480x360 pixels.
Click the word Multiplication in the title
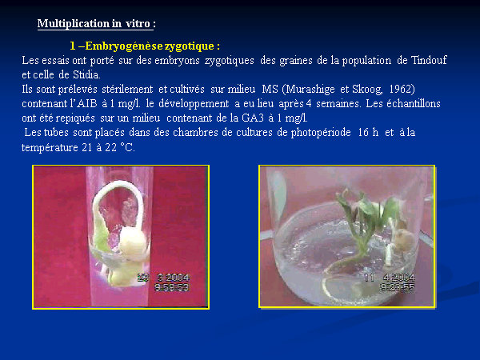(x=73, y=23)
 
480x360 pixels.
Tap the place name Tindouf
(x=429, y=60)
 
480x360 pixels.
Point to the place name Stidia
(x=86, y=74)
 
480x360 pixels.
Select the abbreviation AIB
(x=87, y=103)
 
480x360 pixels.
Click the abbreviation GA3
(x=253, y=118)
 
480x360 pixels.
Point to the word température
(x=50, y=147)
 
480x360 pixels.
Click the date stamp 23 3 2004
(x=163, y=278)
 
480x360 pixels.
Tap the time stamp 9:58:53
(x=172, y=287)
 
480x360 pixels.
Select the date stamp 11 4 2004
(x=390, y=278)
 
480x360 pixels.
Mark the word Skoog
(x=367, y=89)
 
